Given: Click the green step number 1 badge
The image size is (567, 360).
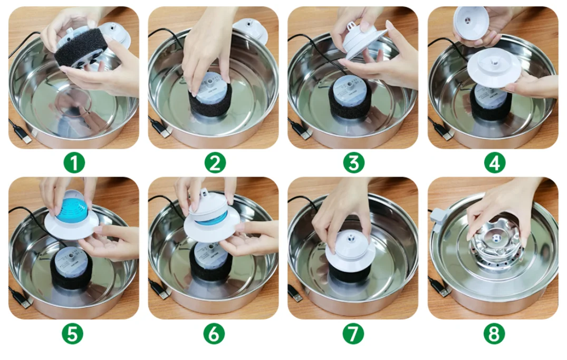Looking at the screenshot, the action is (74, 163).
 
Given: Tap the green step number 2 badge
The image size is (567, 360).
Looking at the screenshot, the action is (215, 163).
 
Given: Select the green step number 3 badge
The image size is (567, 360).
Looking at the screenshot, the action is (354, 163).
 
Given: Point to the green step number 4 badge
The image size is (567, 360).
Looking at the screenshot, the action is (494, 163).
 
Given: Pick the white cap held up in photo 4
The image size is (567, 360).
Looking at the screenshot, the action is (471, 23).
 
